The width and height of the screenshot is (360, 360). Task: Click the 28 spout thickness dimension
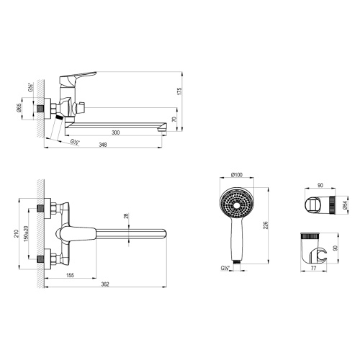127,216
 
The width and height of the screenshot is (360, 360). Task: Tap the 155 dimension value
71,274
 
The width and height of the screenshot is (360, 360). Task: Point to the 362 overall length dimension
106,286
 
